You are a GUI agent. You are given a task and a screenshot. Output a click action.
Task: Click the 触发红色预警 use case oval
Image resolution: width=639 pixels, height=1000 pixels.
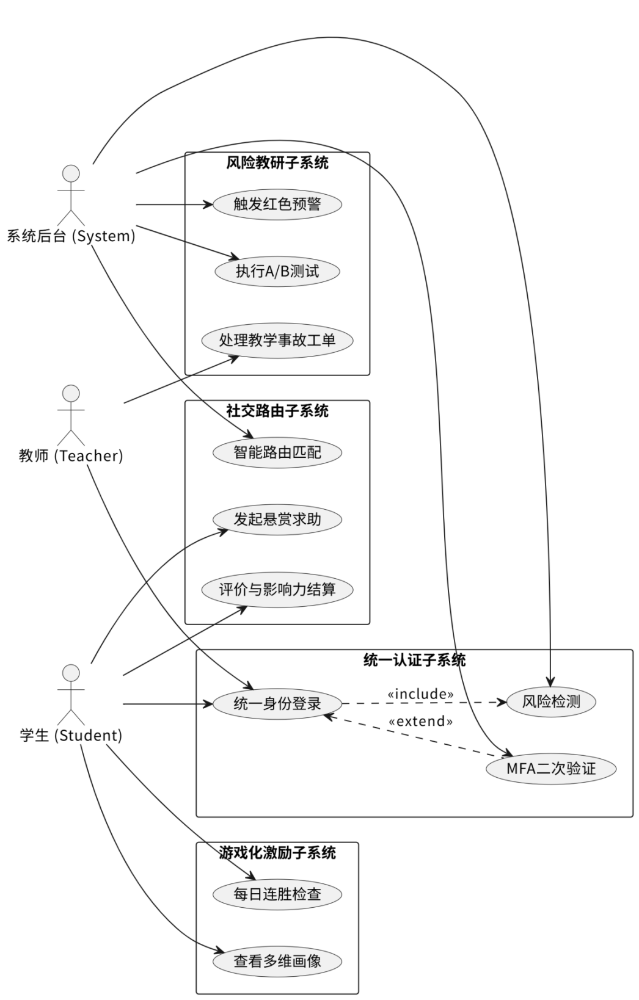pyautogui.click(x=277, y=205)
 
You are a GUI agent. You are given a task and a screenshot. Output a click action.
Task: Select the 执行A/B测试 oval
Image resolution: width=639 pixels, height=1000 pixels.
pyautogui.click(x=277, y=272)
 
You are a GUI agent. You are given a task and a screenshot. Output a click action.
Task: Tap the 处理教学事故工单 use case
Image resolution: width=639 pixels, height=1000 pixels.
pyautogui.click(x=277, y=340)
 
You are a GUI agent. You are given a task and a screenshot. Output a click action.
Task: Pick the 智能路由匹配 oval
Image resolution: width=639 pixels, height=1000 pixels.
pyautogui.click(x=277, y=452)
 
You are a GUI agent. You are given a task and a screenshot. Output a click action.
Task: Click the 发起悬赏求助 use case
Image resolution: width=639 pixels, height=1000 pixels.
pyautogui.click(x=277, y=520)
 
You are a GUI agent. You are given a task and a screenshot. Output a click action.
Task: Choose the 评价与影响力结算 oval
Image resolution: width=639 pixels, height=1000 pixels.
pyautogui.click(x=277, y=590)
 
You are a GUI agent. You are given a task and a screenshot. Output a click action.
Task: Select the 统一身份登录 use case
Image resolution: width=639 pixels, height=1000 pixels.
pyautogui.click(x=277, y=704)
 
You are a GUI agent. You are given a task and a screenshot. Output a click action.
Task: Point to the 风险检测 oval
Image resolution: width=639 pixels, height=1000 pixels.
pyautogui.click(x=551, y=701)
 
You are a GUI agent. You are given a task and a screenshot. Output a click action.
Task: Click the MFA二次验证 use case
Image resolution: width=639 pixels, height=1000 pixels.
pyautogui.click(x=551, y=769)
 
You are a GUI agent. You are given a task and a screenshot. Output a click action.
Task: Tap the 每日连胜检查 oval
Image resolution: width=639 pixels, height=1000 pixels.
pyautogui.click(x=277, y=895)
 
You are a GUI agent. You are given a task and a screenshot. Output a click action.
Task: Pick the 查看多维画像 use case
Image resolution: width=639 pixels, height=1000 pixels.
pyautogui.click(x=277, y=962)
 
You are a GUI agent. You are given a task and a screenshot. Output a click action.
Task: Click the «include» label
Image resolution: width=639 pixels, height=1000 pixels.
pyautogui.click(x=421, y=694)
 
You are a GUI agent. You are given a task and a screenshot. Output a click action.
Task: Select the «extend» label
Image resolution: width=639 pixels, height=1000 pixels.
pyautogui.click(x=421, y=722)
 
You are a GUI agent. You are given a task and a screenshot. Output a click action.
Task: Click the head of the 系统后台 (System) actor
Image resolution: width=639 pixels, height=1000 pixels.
pyautogui.click(x=71, y=173)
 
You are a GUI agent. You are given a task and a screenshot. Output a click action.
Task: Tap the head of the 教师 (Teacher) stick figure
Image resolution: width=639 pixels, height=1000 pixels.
pyautogui.click(x=71, y=393)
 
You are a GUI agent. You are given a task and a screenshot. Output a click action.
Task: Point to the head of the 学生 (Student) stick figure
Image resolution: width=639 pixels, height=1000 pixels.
pyautogui.click(x=71, y=673)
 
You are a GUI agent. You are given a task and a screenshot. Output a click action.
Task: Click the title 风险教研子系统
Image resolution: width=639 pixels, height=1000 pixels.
pyautogui.click(x=277, y=163)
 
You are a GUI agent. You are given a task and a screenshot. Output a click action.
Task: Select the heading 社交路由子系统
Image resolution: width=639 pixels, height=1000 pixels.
pyautogui.click(x=277, y=411)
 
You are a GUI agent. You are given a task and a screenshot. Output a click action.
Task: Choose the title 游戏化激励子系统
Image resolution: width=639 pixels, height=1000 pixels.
pyautogui.click(x=277, y=853)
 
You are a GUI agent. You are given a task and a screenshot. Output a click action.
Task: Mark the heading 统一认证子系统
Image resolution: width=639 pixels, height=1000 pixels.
pyautogui.click(x=414, y=660)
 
